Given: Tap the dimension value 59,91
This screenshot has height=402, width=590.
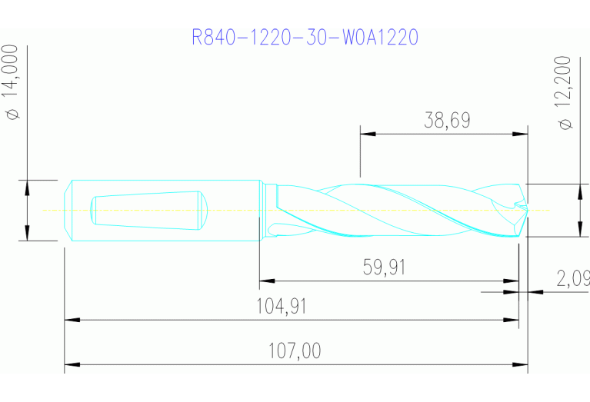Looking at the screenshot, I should click(384, 267).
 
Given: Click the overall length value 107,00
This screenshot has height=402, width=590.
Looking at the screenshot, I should click(295, 351).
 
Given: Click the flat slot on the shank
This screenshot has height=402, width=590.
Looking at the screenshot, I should click(146, 208).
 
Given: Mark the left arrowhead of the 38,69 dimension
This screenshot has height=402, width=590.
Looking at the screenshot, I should click(368, 134).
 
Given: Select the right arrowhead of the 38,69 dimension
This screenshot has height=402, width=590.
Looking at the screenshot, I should click(521, 134).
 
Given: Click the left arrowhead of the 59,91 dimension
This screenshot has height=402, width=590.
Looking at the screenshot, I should click(267, 281).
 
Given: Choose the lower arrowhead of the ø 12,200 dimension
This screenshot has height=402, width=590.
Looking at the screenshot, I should click(578, 229).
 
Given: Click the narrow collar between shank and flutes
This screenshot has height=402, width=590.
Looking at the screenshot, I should click(265, 210).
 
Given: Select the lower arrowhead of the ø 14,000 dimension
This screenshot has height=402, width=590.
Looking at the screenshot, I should click(27, 233).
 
